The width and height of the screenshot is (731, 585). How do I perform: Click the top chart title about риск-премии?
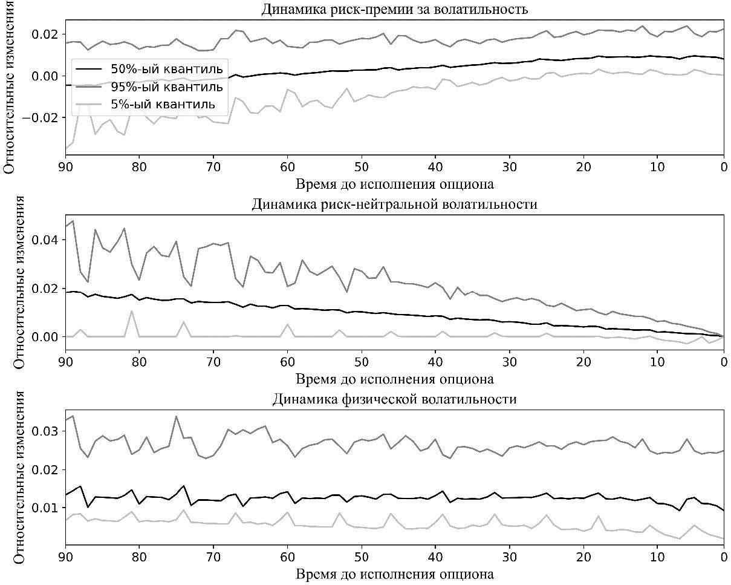pyautogui.click(x=395, y=9)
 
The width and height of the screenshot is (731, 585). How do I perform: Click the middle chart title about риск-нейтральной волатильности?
pyautogui.click(x=395, y=204)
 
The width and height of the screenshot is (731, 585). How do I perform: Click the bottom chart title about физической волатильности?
pyautogui.click(x=395, y=399)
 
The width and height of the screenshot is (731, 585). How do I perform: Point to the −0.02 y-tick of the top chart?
pyautogui.click(x=44, y=117)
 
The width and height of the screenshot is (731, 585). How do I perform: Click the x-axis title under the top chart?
pyautogui.click(x=395, y=183)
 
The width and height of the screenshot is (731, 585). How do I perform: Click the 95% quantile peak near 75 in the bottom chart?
pyautogui.click(x=176, y=416)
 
